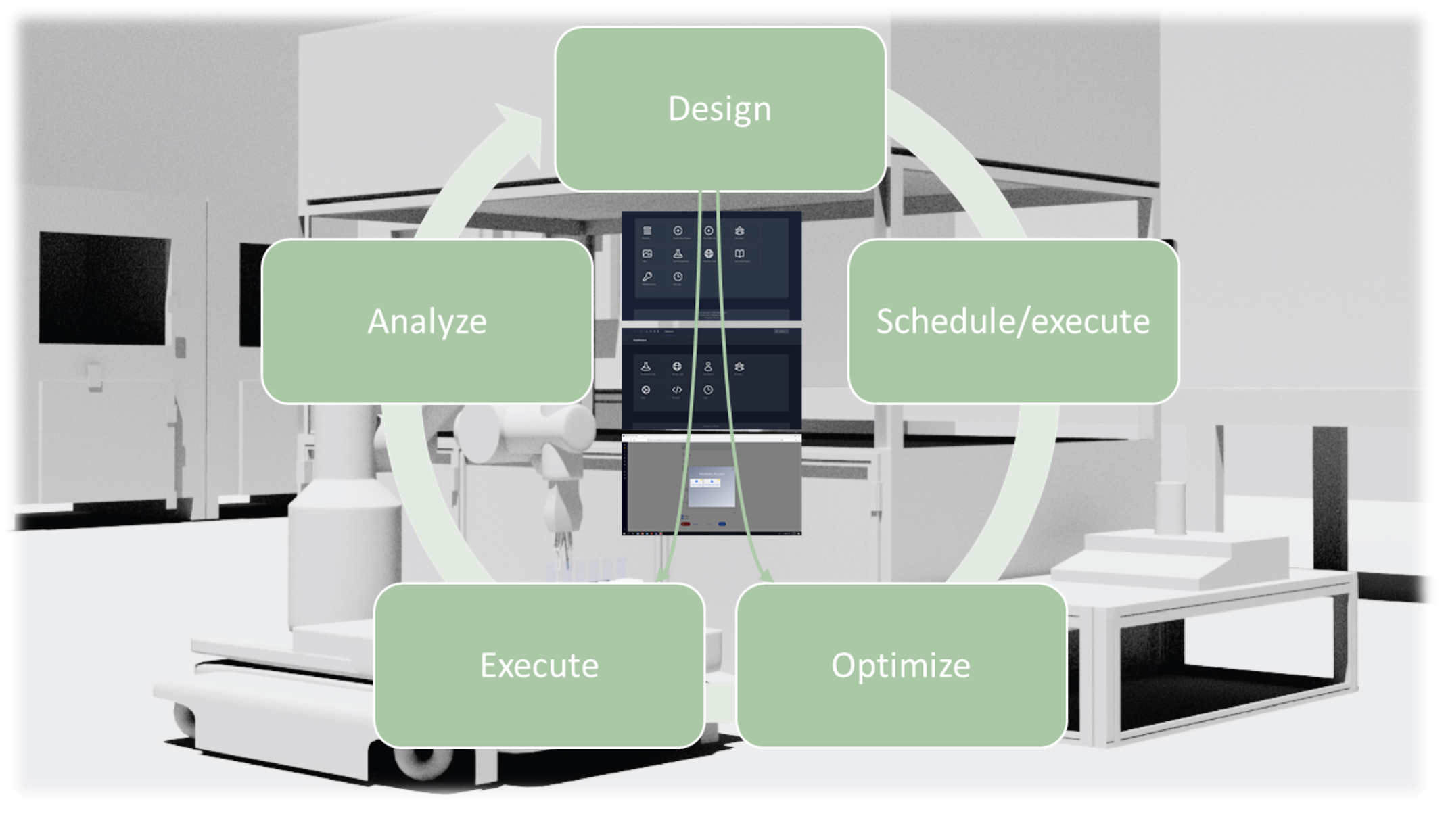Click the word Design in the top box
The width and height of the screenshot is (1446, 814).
point(720,110)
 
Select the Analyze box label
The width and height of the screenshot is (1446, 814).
point(427,322)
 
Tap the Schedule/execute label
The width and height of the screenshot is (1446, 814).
point(1012,322)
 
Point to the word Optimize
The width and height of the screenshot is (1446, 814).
point(900,666)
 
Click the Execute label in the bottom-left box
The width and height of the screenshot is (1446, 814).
point(539,666)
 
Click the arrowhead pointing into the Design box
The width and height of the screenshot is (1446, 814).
point(521,128)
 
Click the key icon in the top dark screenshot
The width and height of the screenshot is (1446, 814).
point(647,277)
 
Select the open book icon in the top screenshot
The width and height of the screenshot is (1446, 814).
point(739,254)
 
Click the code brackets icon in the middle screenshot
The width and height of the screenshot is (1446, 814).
point(676,390)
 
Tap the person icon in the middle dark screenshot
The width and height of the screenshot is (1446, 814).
point(708,366)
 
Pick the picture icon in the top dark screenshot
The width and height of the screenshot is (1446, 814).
point(647,254)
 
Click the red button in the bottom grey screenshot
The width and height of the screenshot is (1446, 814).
point(685,524)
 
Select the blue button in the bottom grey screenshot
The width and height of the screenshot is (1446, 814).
point(722,524)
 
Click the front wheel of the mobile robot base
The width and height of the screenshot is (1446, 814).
point(419,761)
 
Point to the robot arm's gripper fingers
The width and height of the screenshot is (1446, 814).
point(561,541)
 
